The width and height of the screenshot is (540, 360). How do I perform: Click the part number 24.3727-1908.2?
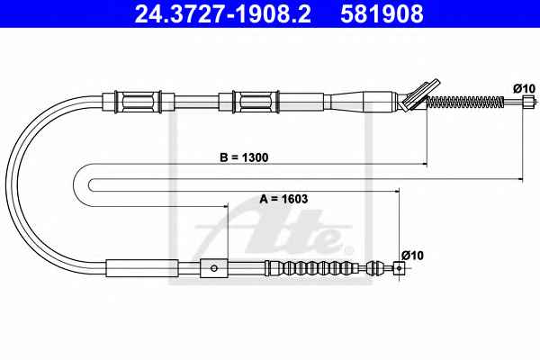(x=223, y=13)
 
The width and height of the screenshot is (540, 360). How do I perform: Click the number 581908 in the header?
(x=382, y=13)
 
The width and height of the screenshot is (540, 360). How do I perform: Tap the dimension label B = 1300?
(x=244, y=157)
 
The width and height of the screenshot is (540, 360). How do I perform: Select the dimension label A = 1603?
(x=283, y=199)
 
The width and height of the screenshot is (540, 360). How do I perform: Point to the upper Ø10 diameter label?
(x=524, y=88)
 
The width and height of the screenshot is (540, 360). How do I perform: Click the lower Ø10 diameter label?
(x=412, y=256)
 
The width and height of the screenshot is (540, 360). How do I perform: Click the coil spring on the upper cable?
(x=465, y=102)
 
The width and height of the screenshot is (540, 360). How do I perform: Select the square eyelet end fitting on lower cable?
(x=399, y=267)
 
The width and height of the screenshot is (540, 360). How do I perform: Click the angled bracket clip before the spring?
(x=418, y=95)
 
